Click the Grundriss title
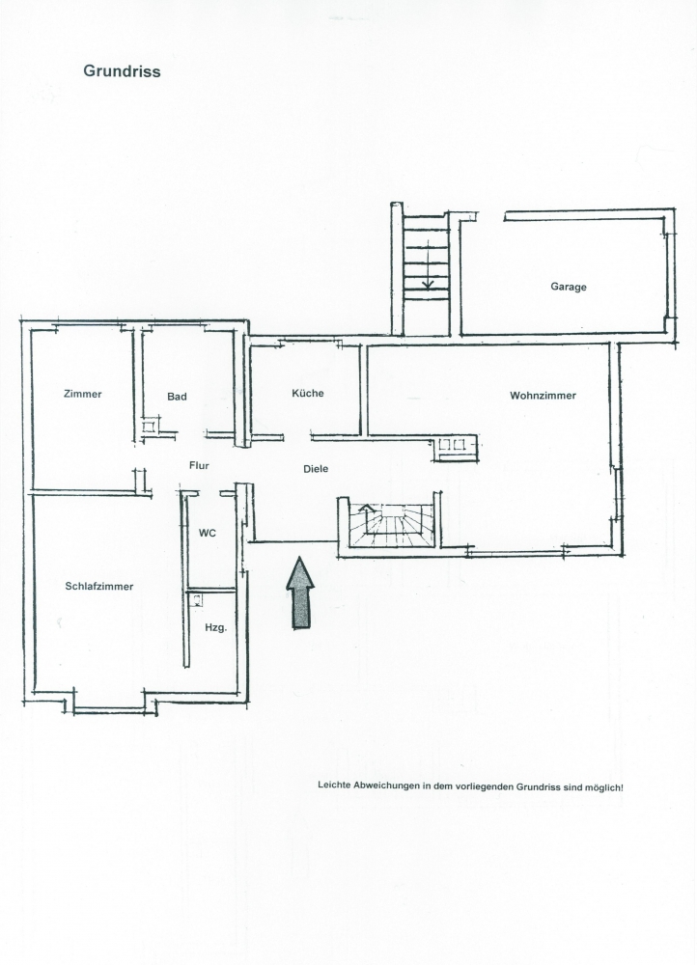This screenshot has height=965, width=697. tap(122, 71)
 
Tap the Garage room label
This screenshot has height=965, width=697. tap(569, 287)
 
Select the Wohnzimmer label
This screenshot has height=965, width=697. tap(544, 396)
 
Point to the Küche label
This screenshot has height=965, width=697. tap(308, 394)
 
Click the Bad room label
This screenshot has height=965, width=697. tap(177, 397)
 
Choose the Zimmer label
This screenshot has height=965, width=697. tap(82, 394)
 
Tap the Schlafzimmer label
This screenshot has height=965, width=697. tap(99, 587)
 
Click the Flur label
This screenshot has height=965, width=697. tap(199, 466)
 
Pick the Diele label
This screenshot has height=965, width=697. tap(316, 469)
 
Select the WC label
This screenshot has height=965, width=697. tap(208, 533)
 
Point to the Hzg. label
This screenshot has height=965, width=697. tap(216, 628)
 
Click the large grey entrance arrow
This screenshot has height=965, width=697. tap(300, 593)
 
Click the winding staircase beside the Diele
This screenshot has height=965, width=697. tap(392, 524)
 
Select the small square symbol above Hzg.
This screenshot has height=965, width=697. tap(196, 599)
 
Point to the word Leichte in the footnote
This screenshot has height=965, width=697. tap(334, 786)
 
